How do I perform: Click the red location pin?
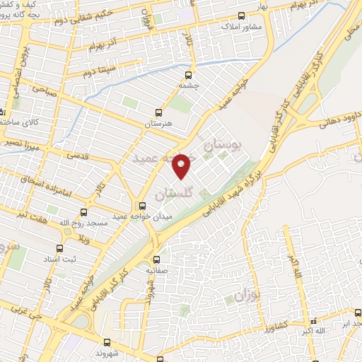click(x=182, y=165)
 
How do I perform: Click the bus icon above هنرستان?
click(x=158, y=112)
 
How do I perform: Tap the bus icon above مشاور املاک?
click(x=241, y=16)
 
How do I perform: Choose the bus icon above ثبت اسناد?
click(x=59, y=248)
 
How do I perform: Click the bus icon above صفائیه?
click(x=156, y=259)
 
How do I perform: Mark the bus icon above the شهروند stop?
click(x=107, y=342)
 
